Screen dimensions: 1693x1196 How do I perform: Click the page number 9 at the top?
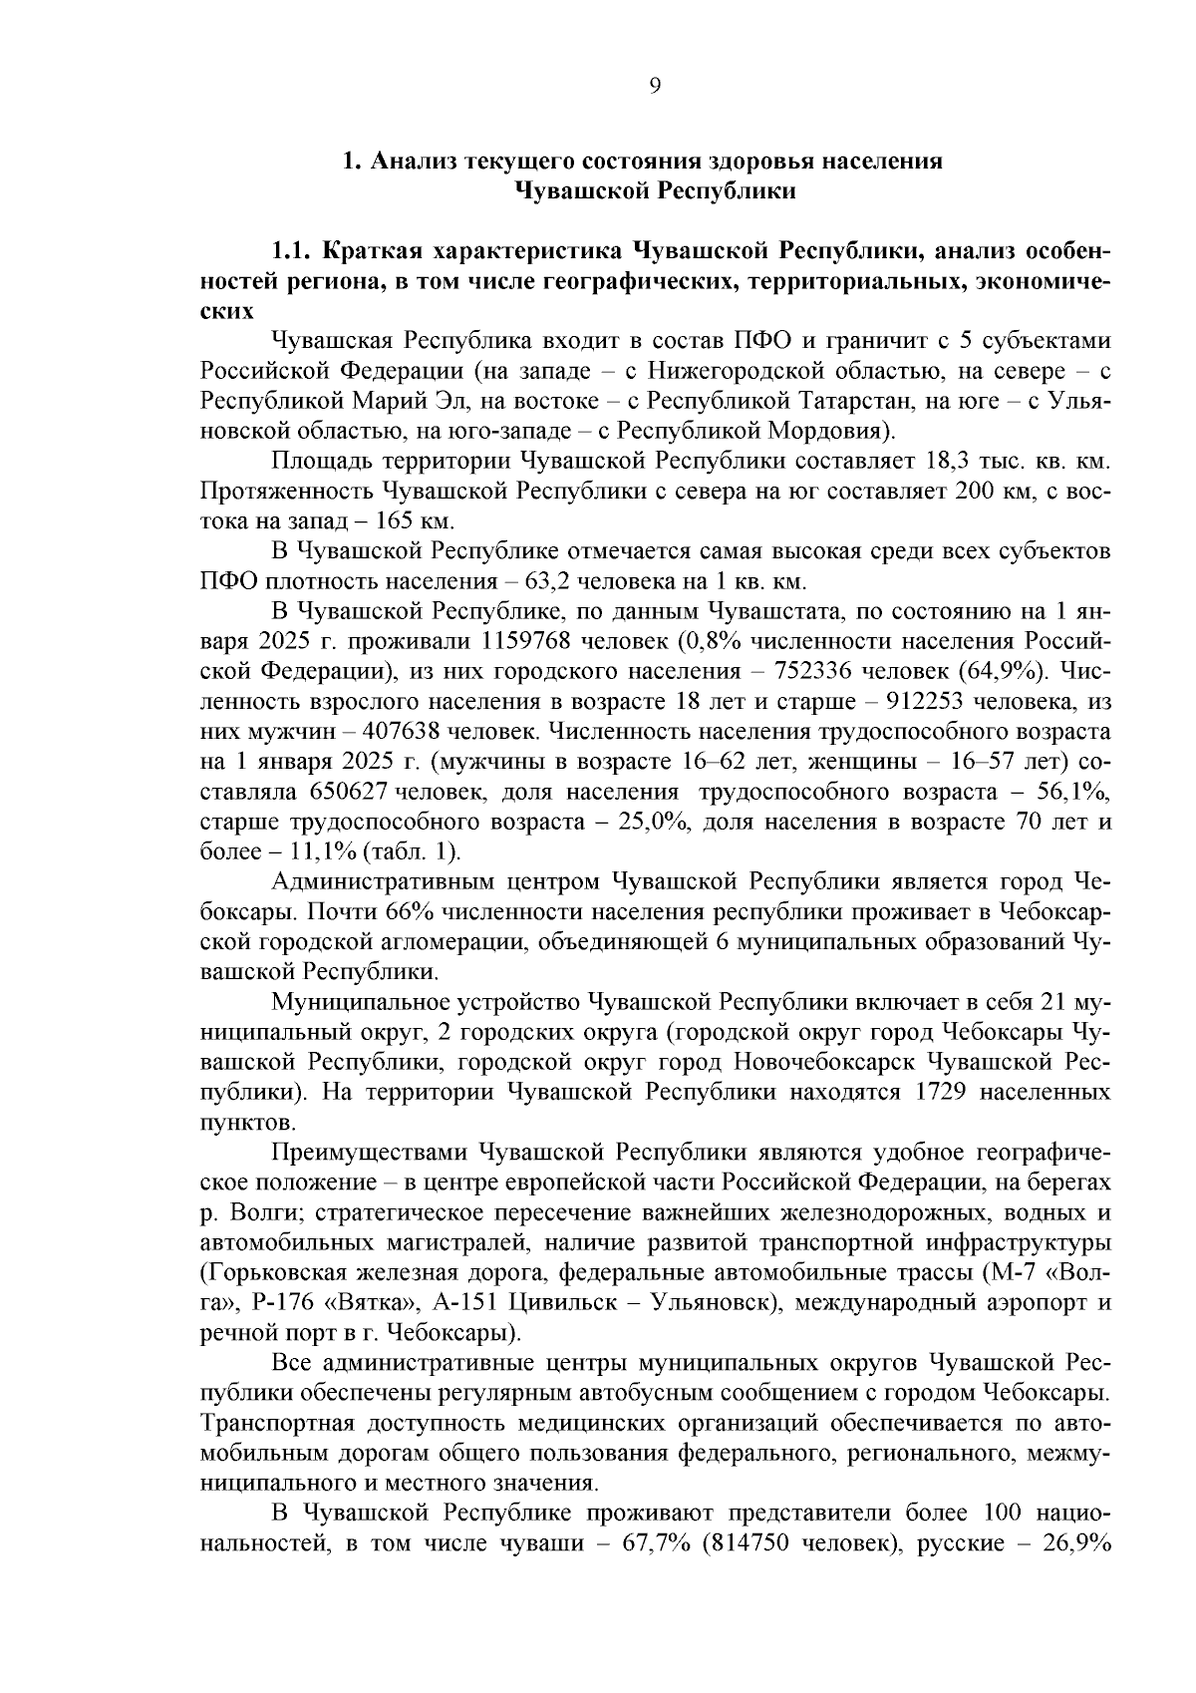click(x=655, y=87)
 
